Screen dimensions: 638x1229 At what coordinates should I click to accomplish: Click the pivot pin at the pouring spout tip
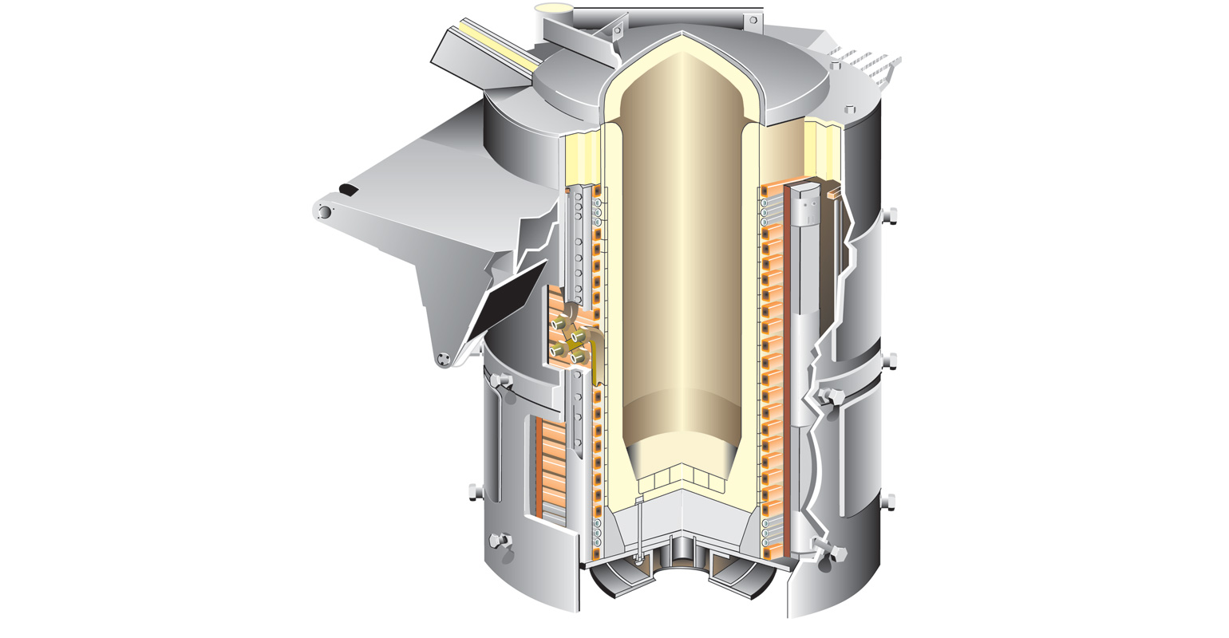coord(325,211)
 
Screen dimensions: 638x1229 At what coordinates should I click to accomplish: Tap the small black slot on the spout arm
coord(349,190)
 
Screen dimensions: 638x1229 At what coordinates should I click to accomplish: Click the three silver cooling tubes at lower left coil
coord(596,533)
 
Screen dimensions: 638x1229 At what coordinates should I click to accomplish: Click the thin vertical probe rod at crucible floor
coord(638,526)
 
